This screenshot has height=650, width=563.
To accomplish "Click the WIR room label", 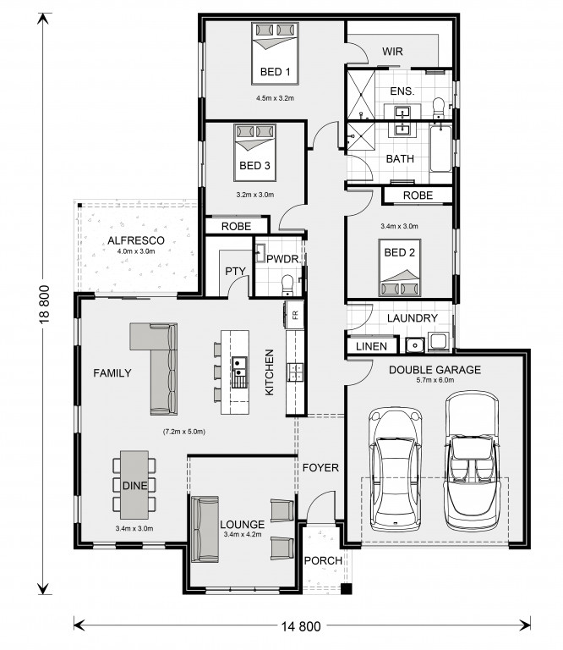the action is pos(392,52).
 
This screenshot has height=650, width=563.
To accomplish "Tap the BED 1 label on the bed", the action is pos(276,72).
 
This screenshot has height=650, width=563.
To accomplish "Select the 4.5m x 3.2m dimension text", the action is pos(275,98).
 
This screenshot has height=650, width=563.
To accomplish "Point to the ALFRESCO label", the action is pos(136,240).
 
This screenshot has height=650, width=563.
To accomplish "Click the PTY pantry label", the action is pos(235,271).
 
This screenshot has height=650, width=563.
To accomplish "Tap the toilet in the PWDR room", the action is pos(287,285).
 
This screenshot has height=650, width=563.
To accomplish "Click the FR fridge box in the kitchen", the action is pos(295,315).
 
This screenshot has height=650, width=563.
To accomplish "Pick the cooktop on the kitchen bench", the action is pos(296,372).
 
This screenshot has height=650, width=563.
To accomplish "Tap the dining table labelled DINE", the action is pos(134,485).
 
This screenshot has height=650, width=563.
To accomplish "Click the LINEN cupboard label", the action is pos(371,346).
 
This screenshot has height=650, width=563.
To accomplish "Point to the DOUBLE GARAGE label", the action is pos(435,370).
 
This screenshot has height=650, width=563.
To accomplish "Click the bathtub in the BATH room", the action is pos(440,148).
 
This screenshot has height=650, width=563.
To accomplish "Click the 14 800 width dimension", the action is pos(301,626).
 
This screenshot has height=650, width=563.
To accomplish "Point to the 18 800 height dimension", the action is pos(44,304).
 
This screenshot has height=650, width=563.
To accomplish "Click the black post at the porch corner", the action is pos(346,589).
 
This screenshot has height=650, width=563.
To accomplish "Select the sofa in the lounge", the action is pos(205,529).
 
